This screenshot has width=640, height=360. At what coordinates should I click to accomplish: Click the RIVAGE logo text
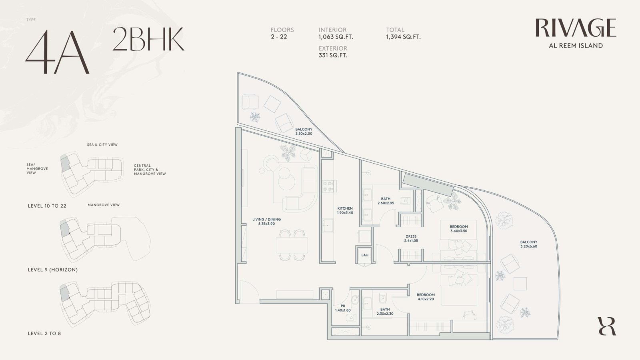tap(576, 28)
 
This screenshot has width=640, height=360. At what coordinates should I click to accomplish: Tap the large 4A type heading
tap(57, 52)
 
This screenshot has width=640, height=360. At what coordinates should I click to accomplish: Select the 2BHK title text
tap(148, 39)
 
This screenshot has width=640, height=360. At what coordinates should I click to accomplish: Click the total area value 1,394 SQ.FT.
tap(403, 37)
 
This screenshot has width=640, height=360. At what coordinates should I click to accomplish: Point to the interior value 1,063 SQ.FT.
tap(336, 37)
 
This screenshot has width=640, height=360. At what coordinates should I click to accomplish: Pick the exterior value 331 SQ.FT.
tap(333, 56)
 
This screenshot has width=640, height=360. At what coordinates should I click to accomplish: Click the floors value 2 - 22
tap(279, 36)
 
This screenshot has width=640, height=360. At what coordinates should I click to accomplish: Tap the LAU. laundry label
tap(366, 255)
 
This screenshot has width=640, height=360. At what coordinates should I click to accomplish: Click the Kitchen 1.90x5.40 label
tap(345, 210)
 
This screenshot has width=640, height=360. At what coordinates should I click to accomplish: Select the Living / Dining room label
tap(266, 222)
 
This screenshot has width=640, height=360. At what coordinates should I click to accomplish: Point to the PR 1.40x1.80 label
tap(343, 308)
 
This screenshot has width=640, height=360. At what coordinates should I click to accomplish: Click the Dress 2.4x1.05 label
tap(411, 238)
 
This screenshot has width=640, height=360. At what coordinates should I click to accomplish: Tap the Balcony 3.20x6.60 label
tap(528, 244)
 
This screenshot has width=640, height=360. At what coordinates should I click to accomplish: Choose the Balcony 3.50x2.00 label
tap(304, 132)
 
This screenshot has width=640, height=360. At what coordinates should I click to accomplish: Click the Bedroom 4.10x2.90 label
tap(426, 297)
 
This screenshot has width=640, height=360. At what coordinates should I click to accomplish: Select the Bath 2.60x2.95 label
tap(386, 201)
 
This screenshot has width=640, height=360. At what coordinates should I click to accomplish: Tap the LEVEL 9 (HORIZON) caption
tap(53, 270)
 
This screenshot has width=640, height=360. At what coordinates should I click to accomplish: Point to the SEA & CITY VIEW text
tap(102, 144)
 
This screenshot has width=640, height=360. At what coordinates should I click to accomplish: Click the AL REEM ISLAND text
tap(576, 46)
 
